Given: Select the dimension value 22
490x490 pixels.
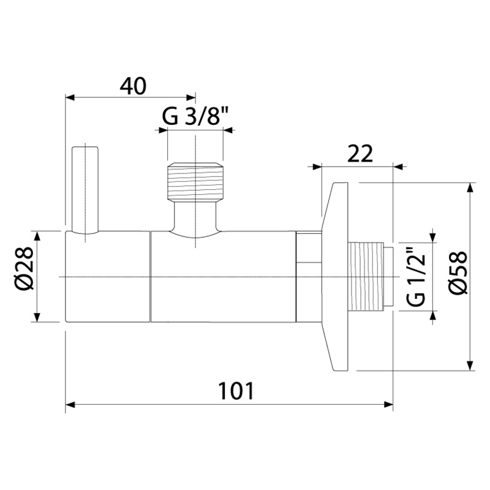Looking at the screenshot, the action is (x=360, y=154).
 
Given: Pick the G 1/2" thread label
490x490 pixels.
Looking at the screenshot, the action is (x=417, y=276).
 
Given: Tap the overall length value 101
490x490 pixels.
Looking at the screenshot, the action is (x=236, y=391).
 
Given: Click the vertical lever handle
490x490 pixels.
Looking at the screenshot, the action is (x=85, y=190).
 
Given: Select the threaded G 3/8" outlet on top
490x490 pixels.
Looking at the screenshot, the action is (x=195, y=182).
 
